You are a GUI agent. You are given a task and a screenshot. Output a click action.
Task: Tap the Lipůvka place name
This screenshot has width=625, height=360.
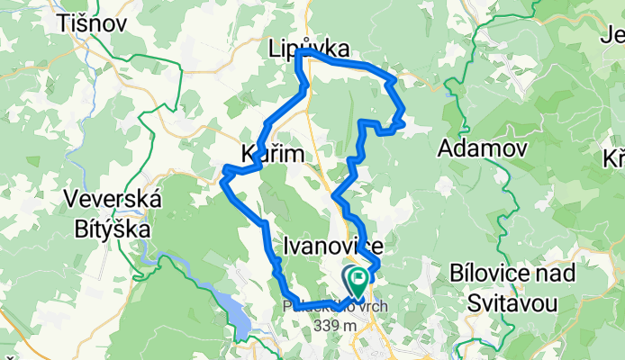309,51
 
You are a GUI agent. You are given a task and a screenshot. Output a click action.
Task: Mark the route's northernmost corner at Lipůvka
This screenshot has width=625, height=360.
298,53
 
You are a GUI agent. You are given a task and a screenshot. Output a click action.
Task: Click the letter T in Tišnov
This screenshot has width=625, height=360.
62,23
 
